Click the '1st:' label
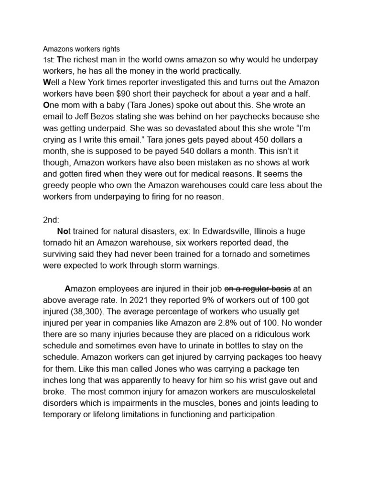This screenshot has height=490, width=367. point(49,60)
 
